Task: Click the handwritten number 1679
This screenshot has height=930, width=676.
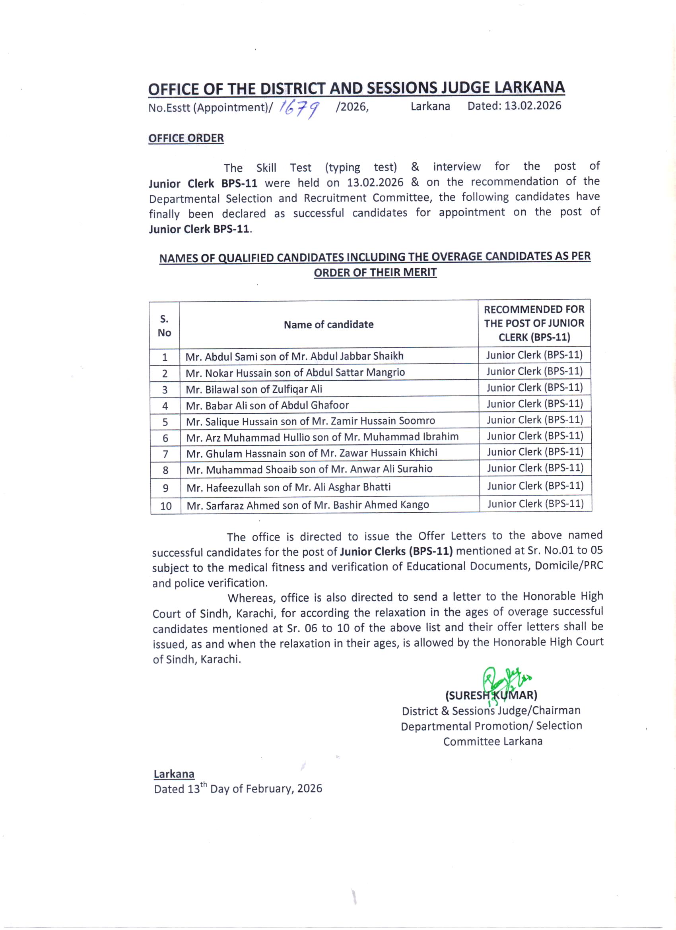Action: pos(299,108)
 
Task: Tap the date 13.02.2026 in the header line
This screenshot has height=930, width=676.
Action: pos(532,106)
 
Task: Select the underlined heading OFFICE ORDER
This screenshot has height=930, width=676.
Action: pos(186,139)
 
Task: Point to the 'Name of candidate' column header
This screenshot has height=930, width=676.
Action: pos(328,325)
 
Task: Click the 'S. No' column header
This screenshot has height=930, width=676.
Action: pos(164,325)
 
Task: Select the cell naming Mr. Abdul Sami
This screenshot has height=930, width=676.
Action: pos(294,356)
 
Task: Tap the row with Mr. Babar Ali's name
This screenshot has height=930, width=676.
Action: pos(267,405)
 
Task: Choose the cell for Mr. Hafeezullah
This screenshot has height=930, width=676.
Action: pos(288,487)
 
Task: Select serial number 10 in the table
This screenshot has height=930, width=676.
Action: pos(166,506)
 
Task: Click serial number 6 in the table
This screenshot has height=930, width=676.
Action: pos(165,438)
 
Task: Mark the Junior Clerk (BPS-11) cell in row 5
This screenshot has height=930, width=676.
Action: pos(535,420)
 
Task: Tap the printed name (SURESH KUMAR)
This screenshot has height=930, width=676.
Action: pos(491,696)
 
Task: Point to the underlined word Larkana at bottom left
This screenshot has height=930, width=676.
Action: pos(174,774)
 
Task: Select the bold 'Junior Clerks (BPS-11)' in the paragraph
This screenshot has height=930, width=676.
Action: pos(396,552)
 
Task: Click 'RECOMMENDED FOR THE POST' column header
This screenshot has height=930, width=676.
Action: pos(534,323)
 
